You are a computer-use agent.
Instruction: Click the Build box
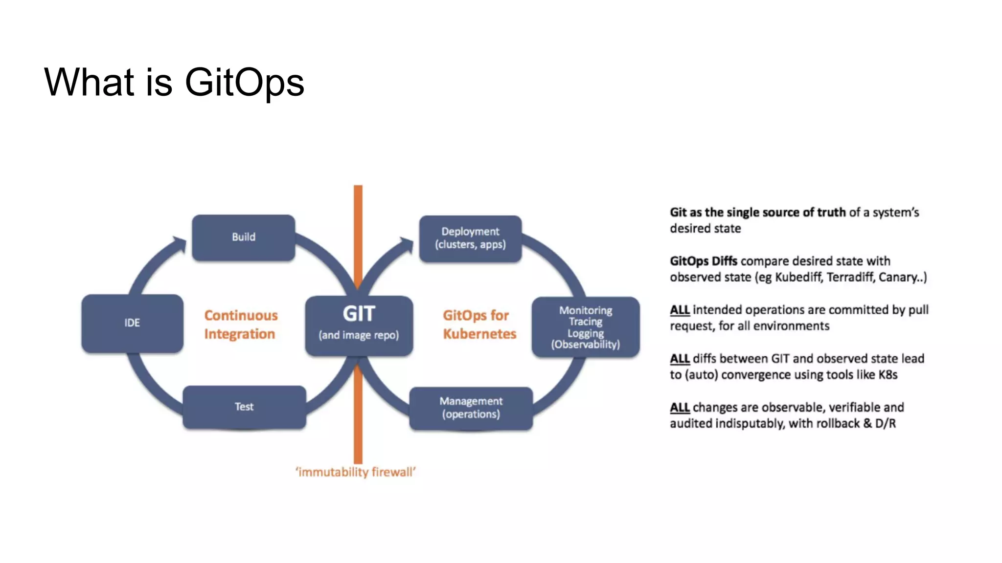point(243,238)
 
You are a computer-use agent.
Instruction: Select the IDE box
point(132,323)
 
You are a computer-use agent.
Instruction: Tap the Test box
point(244,407)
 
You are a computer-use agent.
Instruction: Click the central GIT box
point(359,325)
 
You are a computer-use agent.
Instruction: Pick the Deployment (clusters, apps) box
point(470,238)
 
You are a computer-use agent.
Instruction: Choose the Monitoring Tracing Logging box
point(585,327)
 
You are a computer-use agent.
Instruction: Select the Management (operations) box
point(471,408)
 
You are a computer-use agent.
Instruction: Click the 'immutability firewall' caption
point(355,472)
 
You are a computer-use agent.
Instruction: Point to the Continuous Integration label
point(240,325)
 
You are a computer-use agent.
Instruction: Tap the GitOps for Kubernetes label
point(479,325)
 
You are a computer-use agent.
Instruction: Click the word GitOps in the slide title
point(244,82)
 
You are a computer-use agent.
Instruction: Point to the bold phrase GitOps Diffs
point(703,261)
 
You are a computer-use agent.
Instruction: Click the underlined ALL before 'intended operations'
point(680,310)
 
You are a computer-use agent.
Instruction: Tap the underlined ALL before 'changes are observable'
point(680,408)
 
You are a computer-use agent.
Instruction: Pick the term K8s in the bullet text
point(888,375)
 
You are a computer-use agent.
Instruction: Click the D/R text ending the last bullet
point(885,424)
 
